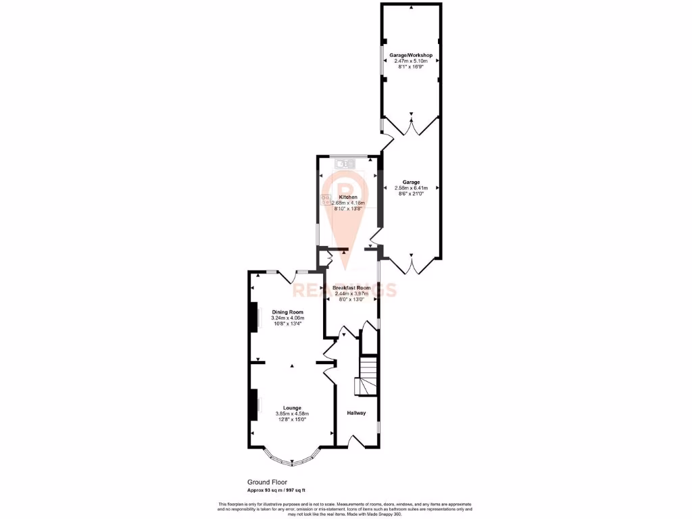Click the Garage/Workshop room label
pyautogui.click(x=411, y=55)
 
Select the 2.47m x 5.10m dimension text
pyautogui.click(x=411, y=61)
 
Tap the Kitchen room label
pyautogui.click(x=348, y=197)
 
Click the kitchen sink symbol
pyautogui.click(x=345, y=163)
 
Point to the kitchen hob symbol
pyautogui.click(x=325, y=199)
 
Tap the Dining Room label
pyautogui.click(x=287, y=312)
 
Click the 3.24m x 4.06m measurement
pyautogui.click(x=287, y=318)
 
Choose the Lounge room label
pyautogui.click(x=292, y=407)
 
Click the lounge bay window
pyautogui.click(x=292, y=460)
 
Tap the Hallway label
pyautogui.click(x=357, y=413)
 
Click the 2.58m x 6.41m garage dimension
pyautogui.click(x=412, y=188)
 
